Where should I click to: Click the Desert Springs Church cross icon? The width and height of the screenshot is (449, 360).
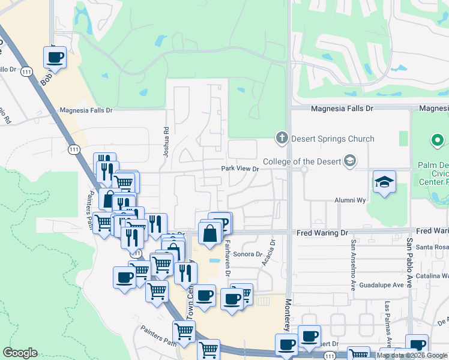pos(281,139)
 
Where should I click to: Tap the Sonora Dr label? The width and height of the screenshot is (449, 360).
pos(243,254)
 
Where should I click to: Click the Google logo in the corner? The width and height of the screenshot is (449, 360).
pos(20,353)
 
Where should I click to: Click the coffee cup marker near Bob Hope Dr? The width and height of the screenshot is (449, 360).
pos(55,58)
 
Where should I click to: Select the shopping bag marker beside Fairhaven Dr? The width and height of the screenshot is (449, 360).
pos(210,233)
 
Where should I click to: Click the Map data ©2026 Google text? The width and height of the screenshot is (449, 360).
pos(412,355)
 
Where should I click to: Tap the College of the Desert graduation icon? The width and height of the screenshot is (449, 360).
pos(350,161)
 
